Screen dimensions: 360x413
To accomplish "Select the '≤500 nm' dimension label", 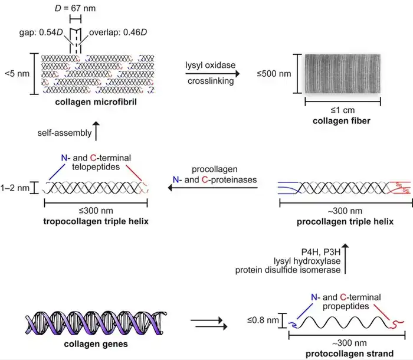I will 277,74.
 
